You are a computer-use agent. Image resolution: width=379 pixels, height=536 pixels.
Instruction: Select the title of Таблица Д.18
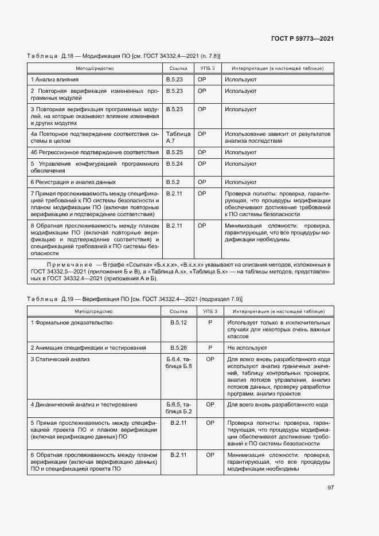tap(124, 56)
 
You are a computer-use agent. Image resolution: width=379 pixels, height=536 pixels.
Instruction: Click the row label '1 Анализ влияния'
tap(55, 79)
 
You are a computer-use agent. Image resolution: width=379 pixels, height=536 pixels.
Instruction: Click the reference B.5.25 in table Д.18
tap(174, 152)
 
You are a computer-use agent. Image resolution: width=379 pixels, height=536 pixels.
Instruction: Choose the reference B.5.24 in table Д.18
tap(174, 163)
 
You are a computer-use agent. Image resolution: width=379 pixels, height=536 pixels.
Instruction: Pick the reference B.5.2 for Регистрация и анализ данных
tap(173, 182)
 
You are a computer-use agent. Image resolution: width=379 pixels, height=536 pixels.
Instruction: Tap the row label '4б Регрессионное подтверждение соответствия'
tap(95, 152)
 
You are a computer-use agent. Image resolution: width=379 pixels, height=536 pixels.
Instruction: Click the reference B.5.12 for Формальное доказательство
tap(179, 323)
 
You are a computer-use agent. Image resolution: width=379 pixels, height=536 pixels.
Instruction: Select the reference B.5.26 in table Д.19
tap(179, 347)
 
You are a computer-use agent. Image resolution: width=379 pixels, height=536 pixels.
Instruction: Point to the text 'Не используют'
tap(247, 347)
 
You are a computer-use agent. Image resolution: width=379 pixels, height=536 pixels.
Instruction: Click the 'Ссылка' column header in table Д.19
tap(179, 311)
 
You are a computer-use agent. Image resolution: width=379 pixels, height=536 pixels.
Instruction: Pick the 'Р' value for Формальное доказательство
tap(210, 323)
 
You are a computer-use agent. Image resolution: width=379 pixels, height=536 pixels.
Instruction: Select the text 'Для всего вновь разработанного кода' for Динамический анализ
tap(278, 405)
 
